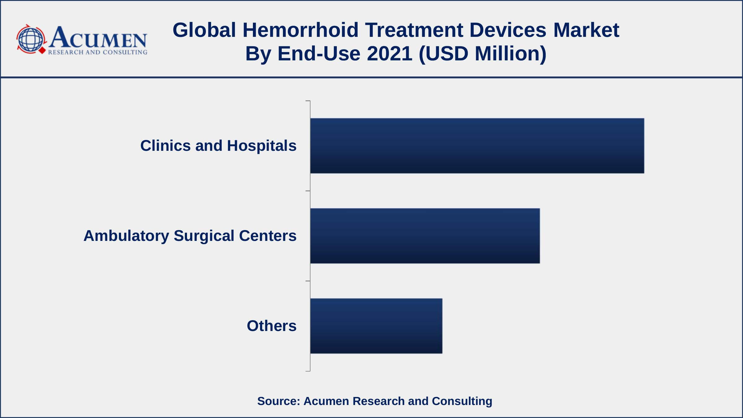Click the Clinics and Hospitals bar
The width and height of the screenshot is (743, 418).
pos(477,146)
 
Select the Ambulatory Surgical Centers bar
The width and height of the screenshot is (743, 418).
pos(425,236)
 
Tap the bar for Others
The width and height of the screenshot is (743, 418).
pos(376,326)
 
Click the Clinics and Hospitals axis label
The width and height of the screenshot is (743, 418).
pos(218,146)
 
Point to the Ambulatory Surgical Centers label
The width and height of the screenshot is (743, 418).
pos(190,236)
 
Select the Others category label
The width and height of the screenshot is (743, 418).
pos(272,326)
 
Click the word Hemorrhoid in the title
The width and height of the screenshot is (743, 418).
pos(300,30)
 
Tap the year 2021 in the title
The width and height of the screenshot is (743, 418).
pos(389,53)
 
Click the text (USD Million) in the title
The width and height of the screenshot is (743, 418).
pos(482,53)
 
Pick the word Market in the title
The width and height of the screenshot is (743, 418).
pos(586,30)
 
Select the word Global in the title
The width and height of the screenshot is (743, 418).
pos(204,30)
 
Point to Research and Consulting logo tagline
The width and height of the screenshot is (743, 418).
pos(98,52)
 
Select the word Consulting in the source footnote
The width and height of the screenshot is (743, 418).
pos(462,401)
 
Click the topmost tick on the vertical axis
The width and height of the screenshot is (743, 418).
pos(308,101)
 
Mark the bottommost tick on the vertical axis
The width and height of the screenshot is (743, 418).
pos(308,371)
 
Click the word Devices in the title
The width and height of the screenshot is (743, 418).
pos(508,30)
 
